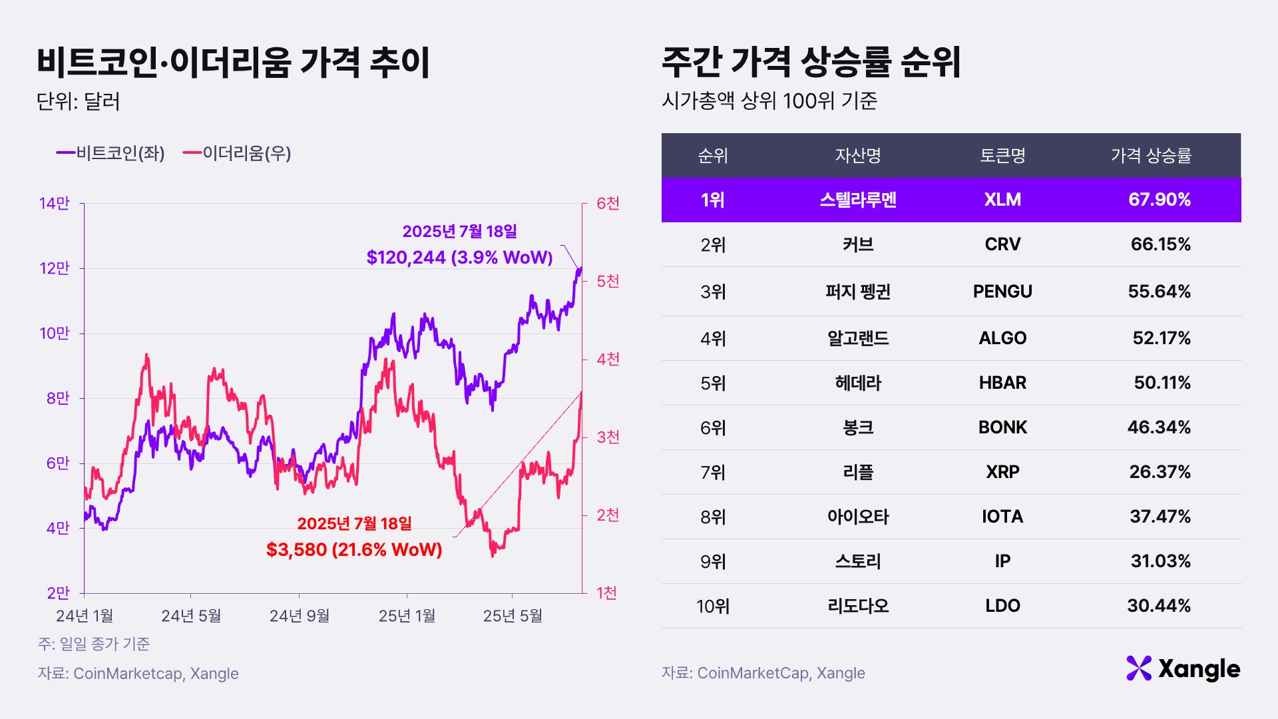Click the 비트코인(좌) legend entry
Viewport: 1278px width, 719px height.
click(110, 153)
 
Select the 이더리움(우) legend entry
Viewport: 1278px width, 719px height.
click(238, 153)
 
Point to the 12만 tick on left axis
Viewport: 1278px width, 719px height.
click(55, 268)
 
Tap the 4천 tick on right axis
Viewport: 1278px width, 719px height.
click(608, 359)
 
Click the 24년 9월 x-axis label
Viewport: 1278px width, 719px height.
click(300, 616)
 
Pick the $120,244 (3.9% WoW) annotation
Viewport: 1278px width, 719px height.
click(459, 258)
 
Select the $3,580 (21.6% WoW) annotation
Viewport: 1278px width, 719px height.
click(354, 550)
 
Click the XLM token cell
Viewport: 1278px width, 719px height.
click(1002, 200)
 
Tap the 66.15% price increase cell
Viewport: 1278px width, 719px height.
click(1160, 244)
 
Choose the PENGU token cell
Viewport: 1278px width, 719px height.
click(1002, 292)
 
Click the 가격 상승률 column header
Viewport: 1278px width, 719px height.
click(1151, 156)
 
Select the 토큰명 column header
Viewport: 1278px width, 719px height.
click(1002, 156)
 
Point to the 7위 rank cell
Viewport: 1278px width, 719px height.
click(713, 473)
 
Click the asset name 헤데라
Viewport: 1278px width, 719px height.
click(858, 383)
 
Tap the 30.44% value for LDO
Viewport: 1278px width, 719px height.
click(1159, 606)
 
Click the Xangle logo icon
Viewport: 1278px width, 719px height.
click(1139, 668)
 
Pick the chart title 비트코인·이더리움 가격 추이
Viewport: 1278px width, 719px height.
click(233, 63)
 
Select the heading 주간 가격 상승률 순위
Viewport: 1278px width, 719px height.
click(811, 63)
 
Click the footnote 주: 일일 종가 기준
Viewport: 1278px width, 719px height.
click(94, 644)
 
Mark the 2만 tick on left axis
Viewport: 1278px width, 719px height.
click(58, 593)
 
